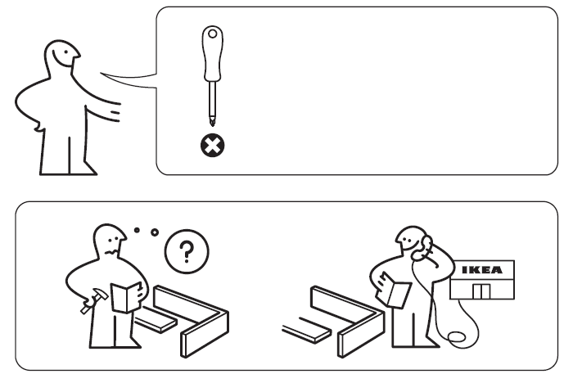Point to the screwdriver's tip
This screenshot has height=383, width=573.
point(214,124)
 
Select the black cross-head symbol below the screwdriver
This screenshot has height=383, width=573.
point(214,146)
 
